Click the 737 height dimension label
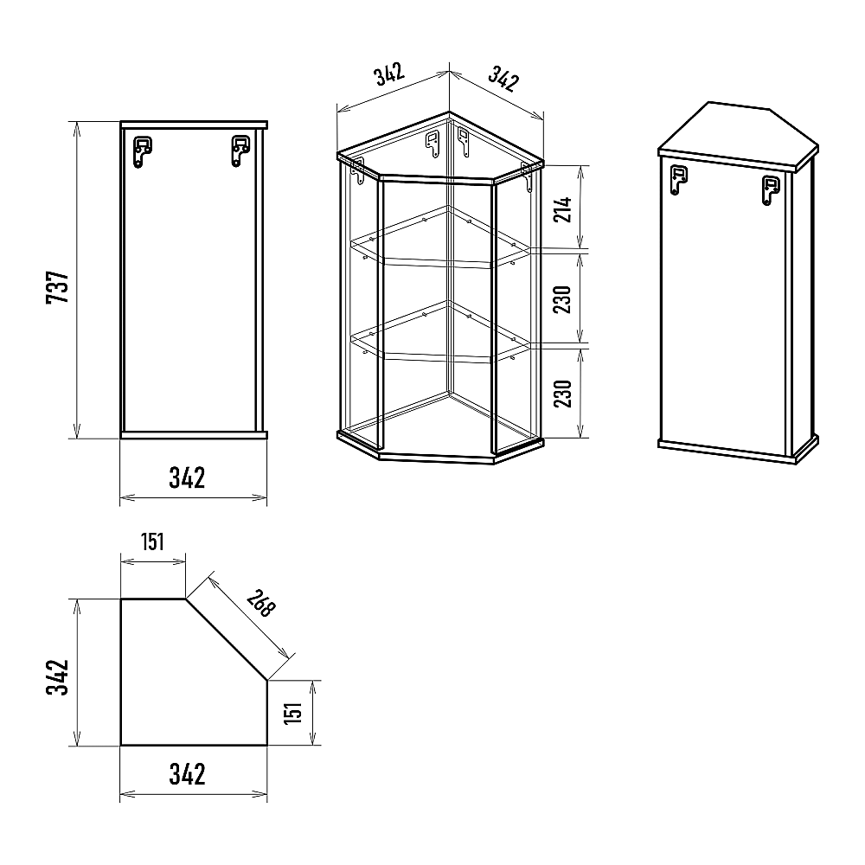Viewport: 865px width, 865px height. pos(58,286)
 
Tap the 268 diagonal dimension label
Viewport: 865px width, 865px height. pos(260,603)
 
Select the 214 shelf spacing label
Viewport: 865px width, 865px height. pos(563,209)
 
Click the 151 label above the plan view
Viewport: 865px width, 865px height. pos(152,541)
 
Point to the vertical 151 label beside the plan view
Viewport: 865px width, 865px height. pos(293,712)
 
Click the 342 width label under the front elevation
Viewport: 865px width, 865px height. pos(187,477)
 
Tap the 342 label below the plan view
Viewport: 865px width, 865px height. pos(187,774)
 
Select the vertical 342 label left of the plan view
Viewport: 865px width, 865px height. pos(58,677)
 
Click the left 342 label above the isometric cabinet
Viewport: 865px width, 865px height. pos(390,74)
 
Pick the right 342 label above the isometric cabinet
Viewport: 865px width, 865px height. pos(503,79)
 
